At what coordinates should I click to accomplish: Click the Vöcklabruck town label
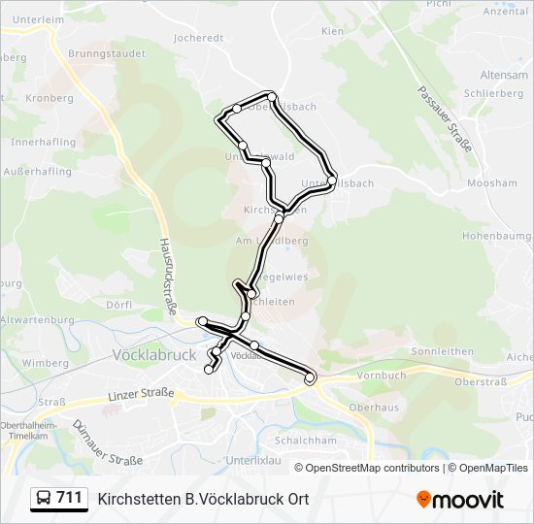155,355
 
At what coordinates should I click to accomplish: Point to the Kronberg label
50,98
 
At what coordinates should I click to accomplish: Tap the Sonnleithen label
442,351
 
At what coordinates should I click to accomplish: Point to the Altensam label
503,75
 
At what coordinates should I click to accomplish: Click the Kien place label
332,31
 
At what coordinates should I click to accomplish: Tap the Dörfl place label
118,304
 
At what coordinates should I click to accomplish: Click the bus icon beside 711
43,498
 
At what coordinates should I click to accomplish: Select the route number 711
69,498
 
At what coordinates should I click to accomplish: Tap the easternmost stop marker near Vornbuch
311,378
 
